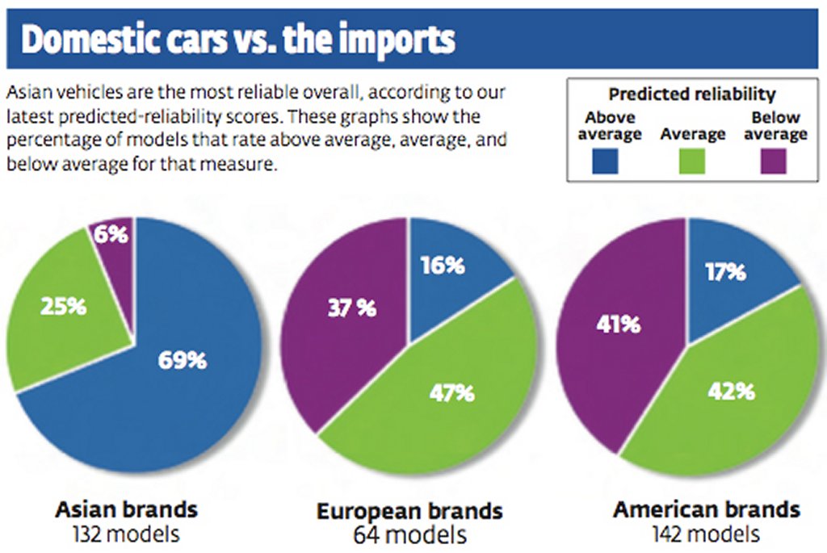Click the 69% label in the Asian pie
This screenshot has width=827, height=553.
tap(182, 359)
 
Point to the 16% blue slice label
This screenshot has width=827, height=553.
tap(443, 265)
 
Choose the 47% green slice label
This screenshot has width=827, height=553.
tap(452, 393)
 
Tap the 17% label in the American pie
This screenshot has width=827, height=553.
tap(724, 272)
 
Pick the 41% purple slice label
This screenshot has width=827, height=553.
tap(619, 325)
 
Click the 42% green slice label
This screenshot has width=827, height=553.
tap(733, 392)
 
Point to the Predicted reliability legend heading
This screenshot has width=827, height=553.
tap(692, 95)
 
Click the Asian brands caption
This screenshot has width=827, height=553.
tap(126, 509)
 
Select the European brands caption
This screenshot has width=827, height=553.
tap(409, 511)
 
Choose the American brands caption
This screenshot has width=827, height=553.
tap(707, 509)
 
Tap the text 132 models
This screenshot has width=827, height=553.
tap(126, 534)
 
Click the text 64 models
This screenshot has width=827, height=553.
tap(409, 535)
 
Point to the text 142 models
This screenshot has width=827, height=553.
tap(707, 534)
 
